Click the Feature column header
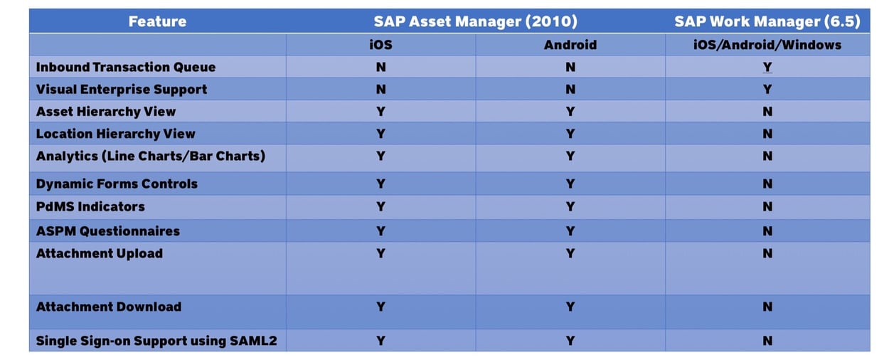click(x=157, y=21)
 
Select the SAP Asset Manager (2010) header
click(x=476, y=21)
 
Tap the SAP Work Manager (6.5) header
click(x=767, y=21)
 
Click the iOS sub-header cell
click(x=380, y=45)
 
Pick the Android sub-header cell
click(x=570, y=45)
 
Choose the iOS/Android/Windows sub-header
click(x=767, y=45)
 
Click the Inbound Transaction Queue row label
click(x=125, y=67)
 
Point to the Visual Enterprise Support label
click(x=121, y=89)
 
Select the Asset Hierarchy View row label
click(x=105, y=112)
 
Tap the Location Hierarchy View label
click(x=115, y=134)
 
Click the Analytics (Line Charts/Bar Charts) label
click(x=150, y=156)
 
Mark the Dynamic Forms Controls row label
click(x=117, y=184)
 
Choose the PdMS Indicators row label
click(x=90, y=206)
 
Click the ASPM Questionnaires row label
click(x=107, y=231)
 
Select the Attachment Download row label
click(x=108, y=307)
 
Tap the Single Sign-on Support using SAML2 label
click(x=156, y=341)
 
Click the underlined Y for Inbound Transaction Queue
click(x=767, y=67)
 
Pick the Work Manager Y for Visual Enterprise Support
click(x=767, y=89)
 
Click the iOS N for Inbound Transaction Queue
click(x=380, y=67)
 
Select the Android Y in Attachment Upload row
click(x=570, y=253)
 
